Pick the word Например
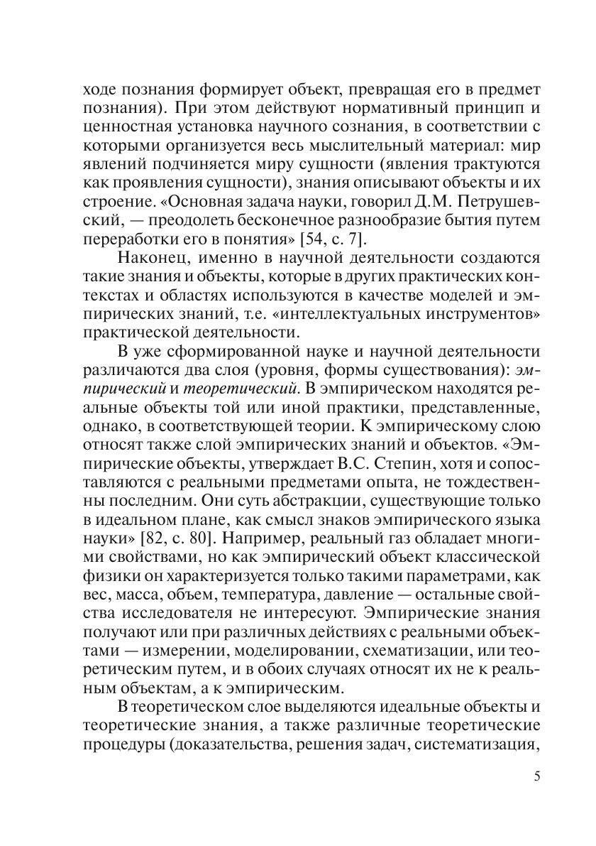pyautogui.click(x=262, y=533)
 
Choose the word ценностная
pyautogui.click(x=131, y=127)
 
